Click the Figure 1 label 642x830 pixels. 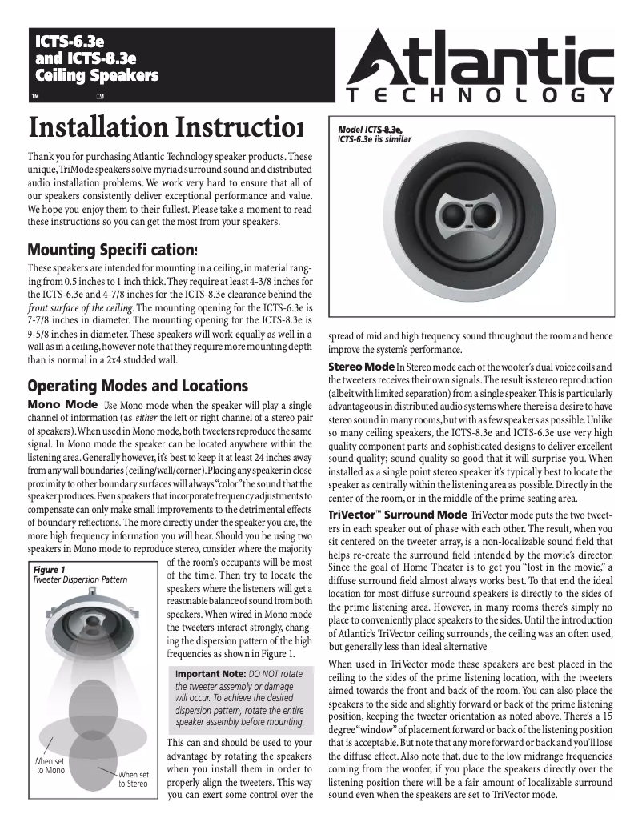49,568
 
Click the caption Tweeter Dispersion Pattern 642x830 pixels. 81,579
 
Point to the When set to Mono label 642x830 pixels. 50,765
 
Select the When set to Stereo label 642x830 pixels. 134,779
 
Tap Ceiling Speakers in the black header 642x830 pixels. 95,76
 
